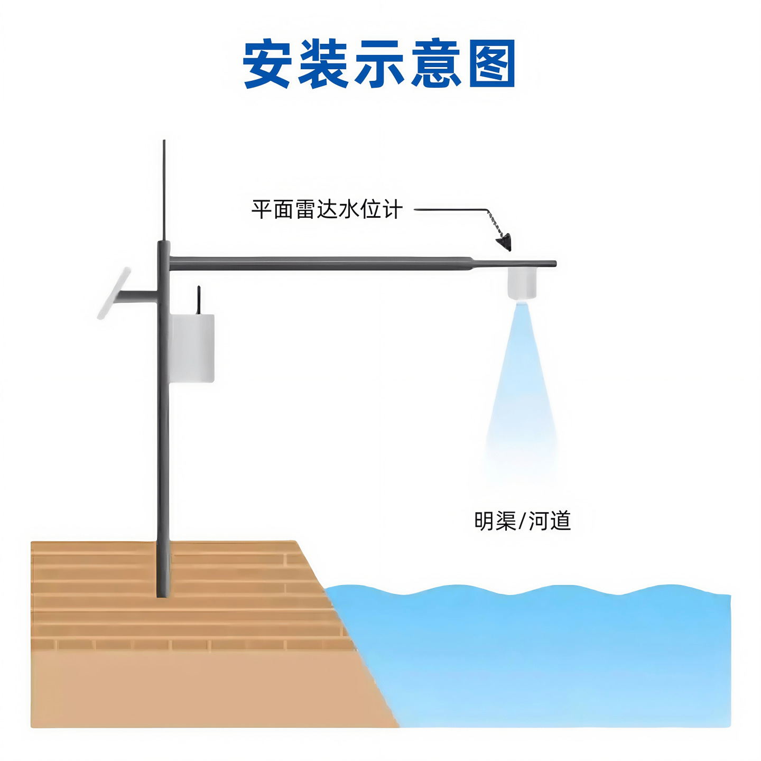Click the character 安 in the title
pos(267,63)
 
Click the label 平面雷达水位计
pos(327,210)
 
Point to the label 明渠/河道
pos(522,521)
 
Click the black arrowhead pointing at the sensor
pos(505,242)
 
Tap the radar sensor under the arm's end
pos(522,283)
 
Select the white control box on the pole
pos(192,348)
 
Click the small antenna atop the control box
pos(199,300)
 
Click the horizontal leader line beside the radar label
pos(449,210)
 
